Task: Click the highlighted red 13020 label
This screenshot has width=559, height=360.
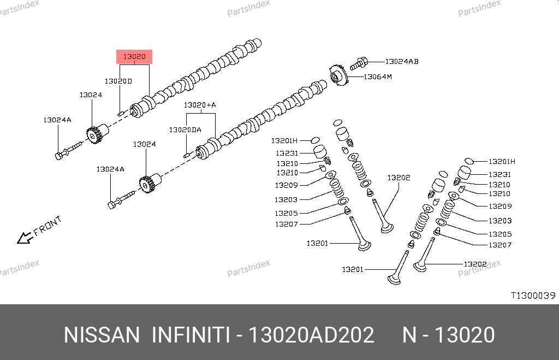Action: point(134,57)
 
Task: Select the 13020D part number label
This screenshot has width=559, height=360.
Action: point(118,81)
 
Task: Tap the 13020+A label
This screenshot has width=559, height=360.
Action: point(200,105)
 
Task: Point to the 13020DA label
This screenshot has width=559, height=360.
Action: point(185,130)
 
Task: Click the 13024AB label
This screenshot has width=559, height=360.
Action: point(402,62)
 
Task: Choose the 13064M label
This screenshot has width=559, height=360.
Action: point(378,77)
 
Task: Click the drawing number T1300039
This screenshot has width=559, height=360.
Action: point(532,296)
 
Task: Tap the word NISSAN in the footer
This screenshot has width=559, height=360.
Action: point(102,335)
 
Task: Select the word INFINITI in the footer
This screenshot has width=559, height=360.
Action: point(190,335)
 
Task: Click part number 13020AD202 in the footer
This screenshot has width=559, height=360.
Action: point(311,335)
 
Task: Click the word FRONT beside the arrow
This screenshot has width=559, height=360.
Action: point(47,225)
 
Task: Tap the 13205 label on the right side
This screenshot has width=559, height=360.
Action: point(501,234)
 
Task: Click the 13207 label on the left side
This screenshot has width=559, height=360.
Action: point(286,224)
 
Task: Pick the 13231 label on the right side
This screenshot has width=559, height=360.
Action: point(499,175)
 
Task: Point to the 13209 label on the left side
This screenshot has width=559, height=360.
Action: point(286,186)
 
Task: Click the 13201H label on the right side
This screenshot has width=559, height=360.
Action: point(502,162)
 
